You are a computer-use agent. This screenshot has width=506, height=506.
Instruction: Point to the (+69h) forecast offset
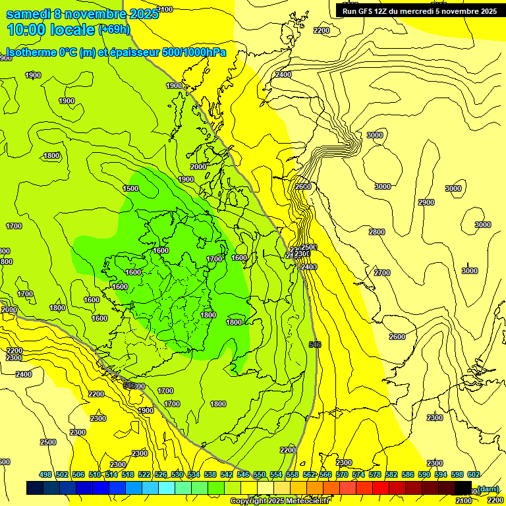click(115, 29)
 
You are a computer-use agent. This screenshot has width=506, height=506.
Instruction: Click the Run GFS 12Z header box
click(417, 11)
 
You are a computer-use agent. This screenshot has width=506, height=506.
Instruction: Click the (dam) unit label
click(488, 488)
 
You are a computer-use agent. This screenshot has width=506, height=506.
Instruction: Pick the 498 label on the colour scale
click(45, 474)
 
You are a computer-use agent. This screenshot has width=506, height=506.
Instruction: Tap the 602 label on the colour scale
click(474, 474)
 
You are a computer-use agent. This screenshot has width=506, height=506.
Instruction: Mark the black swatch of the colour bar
click(463, 488)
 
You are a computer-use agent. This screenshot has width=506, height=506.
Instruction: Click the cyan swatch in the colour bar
click(167, 488)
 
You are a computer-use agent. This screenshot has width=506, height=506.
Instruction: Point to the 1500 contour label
click(130, 188)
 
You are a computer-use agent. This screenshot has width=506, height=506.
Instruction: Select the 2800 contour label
click(376, 232)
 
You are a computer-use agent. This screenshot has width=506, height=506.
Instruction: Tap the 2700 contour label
click(381, 273)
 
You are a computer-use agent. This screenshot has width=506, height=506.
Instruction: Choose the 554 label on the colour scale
click(276, 474)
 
